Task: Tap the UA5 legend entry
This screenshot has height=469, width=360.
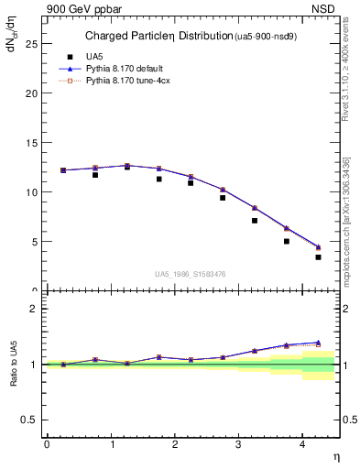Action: [93, 56]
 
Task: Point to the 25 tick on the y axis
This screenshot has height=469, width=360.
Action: [32, 43]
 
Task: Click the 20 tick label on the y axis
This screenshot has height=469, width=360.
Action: [32, 93]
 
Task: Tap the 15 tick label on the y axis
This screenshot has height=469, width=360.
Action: [32, 143]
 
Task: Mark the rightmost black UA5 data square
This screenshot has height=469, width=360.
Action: [318, 257]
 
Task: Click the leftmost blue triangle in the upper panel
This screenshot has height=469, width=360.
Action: [63, 169]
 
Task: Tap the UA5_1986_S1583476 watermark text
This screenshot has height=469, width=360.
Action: [189, 272]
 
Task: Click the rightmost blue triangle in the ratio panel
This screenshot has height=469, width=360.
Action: [318, 343]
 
